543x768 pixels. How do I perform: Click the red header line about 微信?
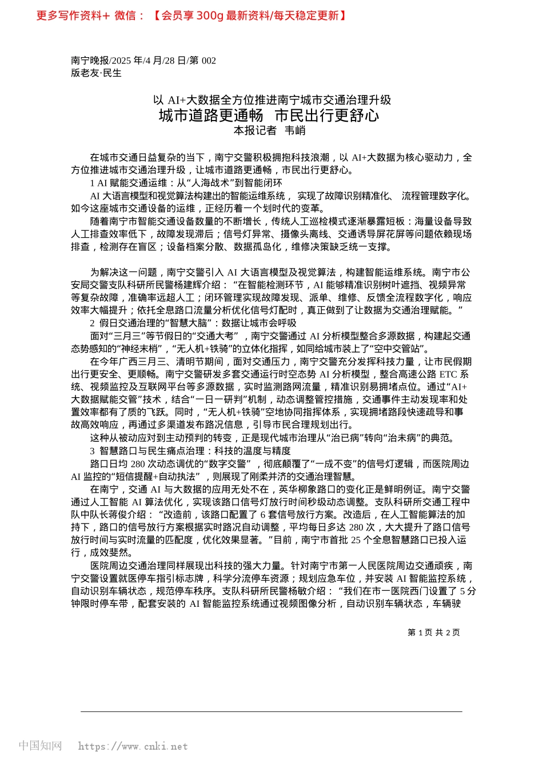coord(191,15)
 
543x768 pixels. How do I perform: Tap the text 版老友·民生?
coord(96,73)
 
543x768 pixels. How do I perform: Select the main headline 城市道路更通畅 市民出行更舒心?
coord(269,115)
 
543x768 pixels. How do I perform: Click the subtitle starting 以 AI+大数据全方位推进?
coord(271,100)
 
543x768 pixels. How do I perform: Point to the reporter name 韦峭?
coord(295,131)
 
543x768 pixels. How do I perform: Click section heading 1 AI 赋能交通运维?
coord(186,183)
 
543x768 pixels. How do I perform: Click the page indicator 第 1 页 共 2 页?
coord(433,632)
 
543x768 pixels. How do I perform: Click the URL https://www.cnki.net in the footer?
coord(133,746)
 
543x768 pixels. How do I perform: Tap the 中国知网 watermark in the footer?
coord(40,746)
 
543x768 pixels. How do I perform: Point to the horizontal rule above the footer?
coord(271,711)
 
